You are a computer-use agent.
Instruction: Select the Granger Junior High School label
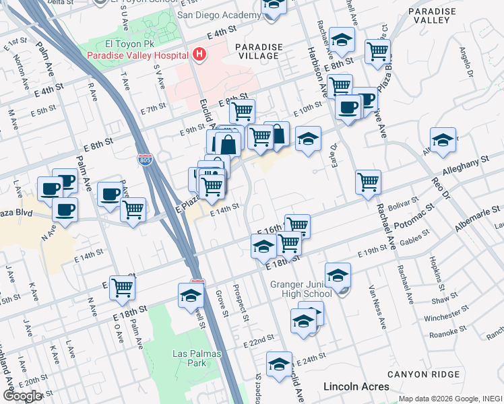click(x=301, y=288)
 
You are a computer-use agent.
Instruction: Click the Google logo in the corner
click(x=22, y=396)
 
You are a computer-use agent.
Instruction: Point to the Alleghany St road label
click(x=465, y=164)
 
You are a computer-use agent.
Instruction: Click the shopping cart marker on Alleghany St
click(x=368, y=182)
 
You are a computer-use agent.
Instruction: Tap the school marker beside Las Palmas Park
click(x=191, y=296)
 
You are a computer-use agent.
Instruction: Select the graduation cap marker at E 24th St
click(x=279, y=364)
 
